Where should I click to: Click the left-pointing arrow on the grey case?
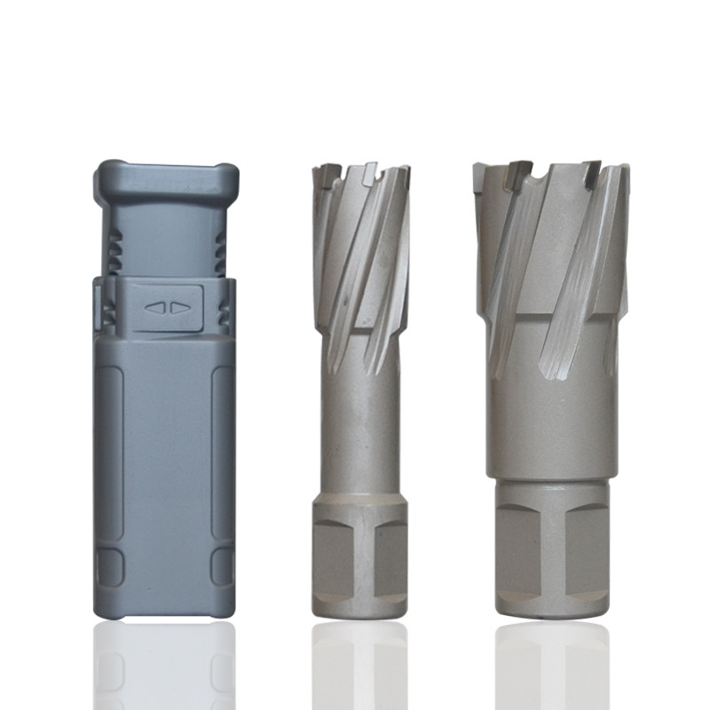155,308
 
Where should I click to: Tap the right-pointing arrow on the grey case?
180,308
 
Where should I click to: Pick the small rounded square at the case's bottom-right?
222,564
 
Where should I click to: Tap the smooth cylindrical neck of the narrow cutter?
359,435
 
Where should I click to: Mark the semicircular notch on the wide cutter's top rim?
536,177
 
